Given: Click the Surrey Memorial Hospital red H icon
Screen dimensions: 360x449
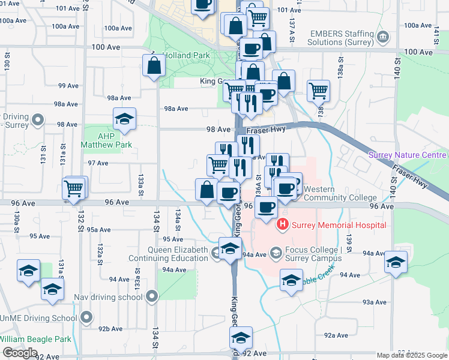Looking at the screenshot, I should [x=282, y=226].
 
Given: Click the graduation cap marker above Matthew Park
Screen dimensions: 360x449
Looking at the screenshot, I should [x=124, y=119].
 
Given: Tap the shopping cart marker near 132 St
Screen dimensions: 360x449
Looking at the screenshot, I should [x=74, y=188].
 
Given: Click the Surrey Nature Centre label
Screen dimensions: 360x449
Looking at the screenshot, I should [x=408, y=155].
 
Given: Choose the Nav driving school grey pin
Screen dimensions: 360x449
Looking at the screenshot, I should [x=152, y=296].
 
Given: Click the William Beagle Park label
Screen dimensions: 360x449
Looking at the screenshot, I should [x=36, y=339].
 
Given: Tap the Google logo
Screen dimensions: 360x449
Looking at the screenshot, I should [x=20, y=353].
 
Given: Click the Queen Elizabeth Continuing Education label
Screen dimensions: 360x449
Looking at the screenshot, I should [x=170, y=254].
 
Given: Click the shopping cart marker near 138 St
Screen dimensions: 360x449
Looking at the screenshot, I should [x=318, y=91].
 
